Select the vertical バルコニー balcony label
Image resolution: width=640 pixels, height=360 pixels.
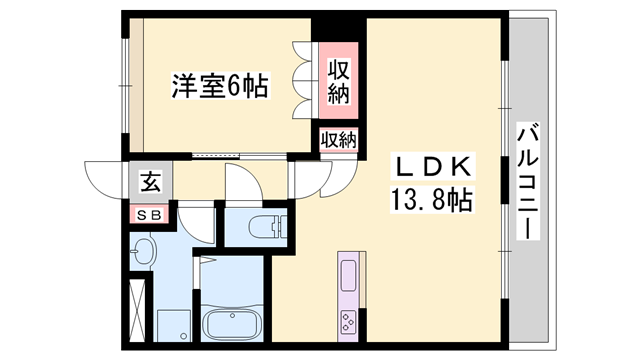[528, 180]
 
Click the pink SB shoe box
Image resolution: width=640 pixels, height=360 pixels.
[149, 214]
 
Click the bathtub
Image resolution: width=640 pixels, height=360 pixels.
[232, 325]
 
